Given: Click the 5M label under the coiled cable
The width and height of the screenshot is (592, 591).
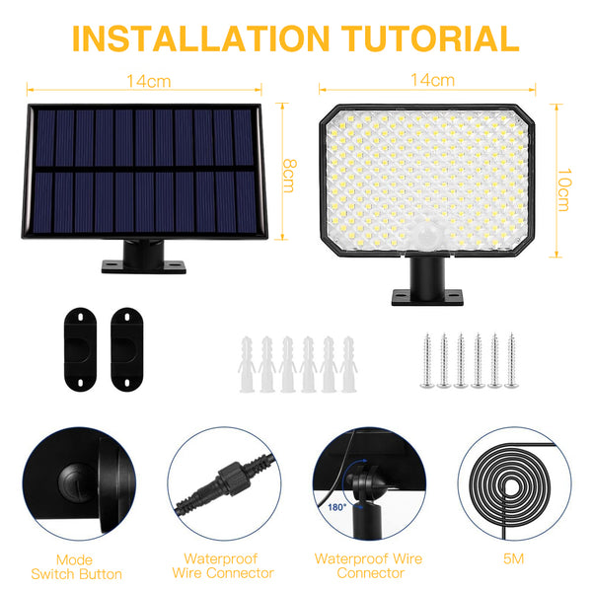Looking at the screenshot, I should [x=511, y=558].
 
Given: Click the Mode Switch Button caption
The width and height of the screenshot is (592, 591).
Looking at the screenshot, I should [x=77, y=565].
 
